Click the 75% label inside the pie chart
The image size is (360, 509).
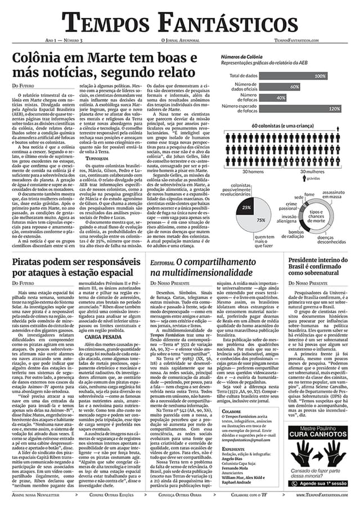click(x=260, y=220)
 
